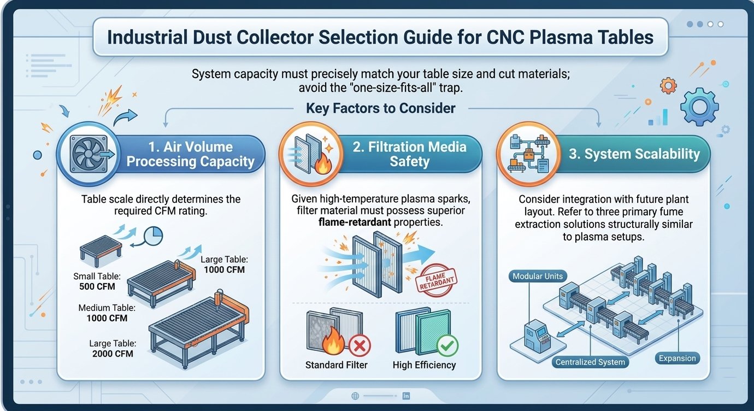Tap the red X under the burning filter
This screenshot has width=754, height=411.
(359, 345)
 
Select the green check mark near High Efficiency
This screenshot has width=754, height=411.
(447, 345)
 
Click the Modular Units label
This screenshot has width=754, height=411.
(538, 276)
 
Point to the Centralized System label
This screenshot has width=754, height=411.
(590, 362)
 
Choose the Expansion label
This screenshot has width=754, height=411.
(677, 359)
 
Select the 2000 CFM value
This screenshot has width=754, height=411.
(113, 353)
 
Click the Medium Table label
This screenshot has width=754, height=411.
(107, 308)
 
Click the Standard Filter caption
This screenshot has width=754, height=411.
(336, 365)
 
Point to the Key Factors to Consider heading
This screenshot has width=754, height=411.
(380, 108)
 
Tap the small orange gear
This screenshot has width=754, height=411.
(668, 85)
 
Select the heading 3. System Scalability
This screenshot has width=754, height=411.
(634, 154)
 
